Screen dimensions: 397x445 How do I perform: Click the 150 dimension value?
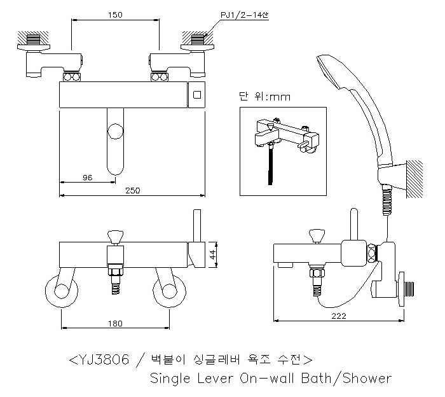[x=116, y=13]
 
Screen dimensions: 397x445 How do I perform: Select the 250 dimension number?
[x=133, y=190]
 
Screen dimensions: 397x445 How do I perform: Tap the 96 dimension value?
[x=87, y=177]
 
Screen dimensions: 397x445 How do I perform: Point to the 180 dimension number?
[x=114, y=324]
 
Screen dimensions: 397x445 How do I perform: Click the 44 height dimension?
[x=213, y=253]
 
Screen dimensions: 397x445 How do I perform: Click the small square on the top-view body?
[x=197, y=95]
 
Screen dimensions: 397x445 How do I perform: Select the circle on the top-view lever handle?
[x=115, y=132]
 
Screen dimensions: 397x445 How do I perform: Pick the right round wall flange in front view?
[x=169, y=291]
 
